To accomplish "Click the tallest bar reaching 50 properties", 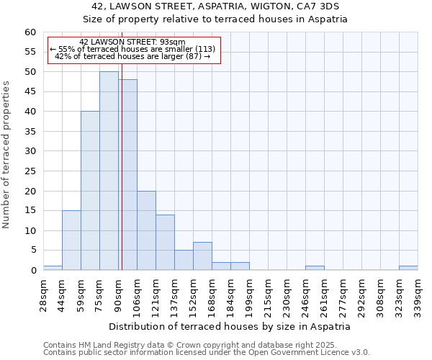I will click(109, 171).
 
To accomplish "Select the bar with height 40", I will click(90, 191).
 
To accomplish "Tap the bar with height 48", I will click(128, 175).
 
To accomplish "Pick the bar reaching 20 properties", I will click(146, 230).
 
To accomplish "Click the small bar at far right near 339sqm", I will click(408, 268).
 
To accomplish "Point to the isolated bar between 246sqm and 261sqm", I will click(315, 268).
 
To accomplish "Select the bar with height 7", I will click(202, 256).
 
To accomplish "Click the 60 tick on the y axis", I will click(30, 32).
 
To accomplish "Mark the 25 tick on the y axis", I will click(30, 171).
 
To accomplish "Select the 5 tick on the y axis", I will click(32, 251).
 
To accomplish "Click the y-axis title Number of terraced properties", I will click(7, 154).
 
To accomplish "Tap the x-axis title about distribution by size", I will click(230, 326).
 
